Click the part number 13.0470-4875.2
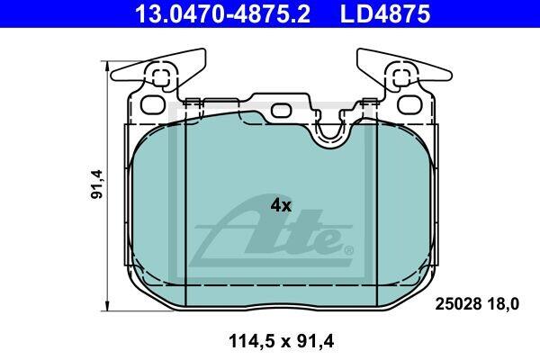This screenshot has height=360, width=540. click(x=222, y=13)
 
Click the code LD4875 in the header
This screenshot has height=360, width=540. click(x=385, y=13)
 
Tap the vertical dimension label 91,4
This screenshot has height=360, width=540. click(x=97, y=184)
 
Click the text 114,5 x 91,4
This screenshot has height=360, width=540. click(x=281, y=342)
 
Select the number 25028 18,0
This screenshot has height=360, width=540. click(x=477, y=304)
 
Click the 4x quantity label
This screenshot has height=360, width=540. click(x=281, y=206)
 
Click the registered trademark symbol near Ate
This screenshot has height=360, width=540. click(x=348, y=250)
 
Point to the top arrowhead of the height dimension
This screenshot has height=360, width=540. click(x=108, y=67)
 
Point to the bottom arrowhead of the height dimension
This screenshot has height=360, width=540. click(x=108, y=306)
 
